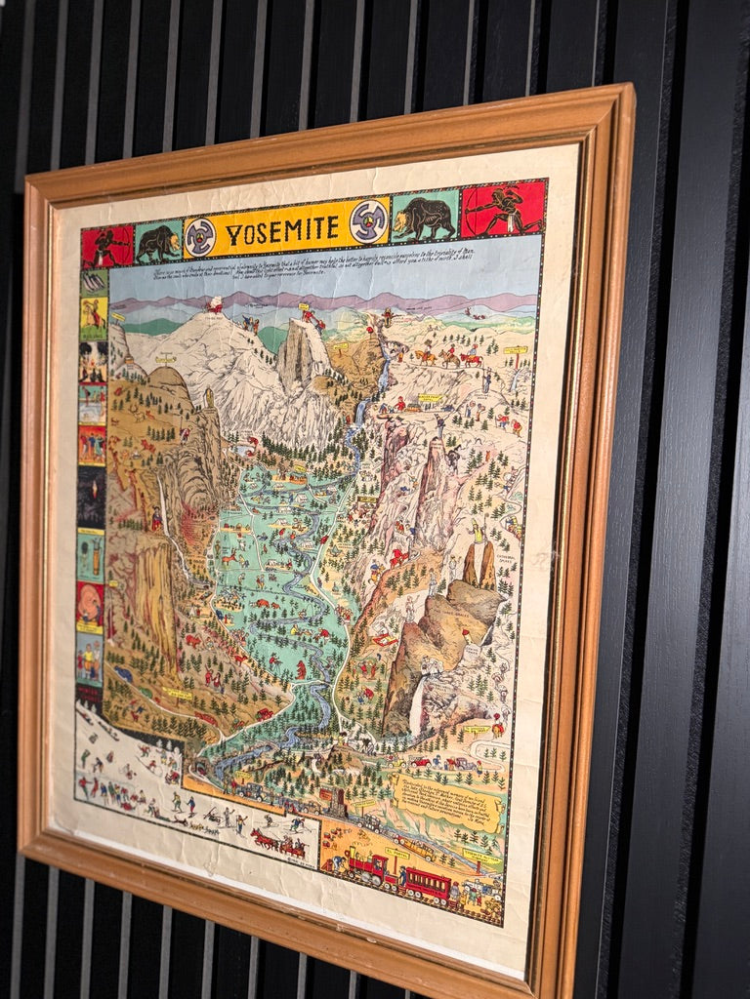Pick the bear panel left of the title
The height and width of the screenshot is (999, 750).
tap(157, 243)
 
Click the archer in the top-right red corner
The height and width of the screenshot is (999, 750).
tap(504, 208)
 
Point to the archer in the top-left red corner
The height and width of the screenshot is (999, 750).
tap(106, 248)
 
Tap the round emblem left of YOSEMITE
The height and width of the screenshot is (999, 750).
tap(199, 237)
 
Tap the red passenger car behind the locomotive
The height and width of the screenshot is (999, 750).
tap(429, 884)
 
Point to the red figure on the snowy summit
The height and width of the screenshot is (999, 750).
tap(213, 306)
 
